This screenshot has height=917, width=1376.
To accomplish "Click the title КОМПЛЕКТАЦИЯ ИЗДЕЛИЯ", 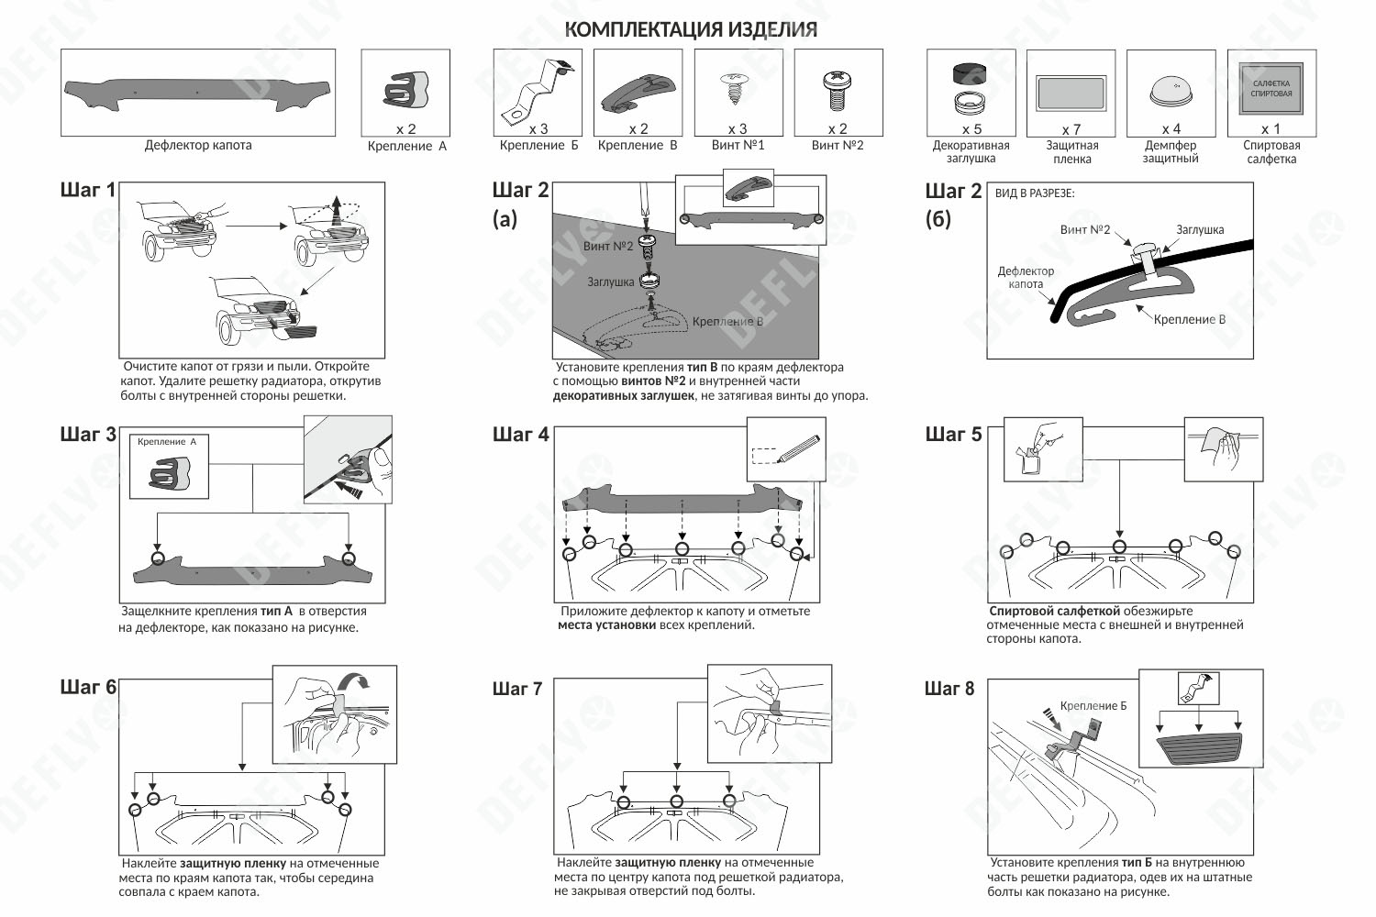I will (x=691, y=29).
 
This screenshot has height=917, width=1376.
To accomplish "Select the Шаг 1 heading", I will (x=87, y=190).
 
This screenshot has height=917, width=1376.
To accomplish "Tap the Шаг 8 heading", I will (x=949, y=689).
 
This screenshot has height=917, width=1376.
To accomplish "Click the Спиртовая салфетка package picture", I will (x=1271, y=88).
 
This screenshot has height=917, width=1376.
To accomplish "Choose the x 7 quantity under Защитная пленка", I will (x=1071, y=130).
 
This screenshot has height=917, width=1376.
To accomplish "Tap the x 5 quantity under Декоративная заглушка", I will (x=971, y=129).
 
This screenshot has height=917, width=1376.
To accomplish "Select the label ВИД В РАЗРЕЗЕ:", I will (x=1035, y=193).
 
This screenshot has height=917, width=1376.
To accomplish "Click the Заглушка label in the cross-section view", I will (x=1200, y=230).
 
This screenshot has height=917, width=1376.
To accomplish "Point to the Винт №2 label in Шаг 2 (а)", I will (x=608, y=246).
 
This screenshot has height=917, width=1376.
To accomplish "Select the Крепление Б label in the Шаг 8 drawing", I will (x=1093, y=706).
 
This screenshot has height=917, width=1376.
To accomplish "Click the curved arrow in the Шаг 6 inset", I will (x=354, y=681).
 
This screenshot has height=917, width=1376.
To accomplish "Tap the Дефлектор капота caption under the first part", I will (x=198, y=145).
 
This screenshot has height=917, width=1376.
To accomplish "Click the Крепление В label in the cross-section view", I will (x=1189, y=319).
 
